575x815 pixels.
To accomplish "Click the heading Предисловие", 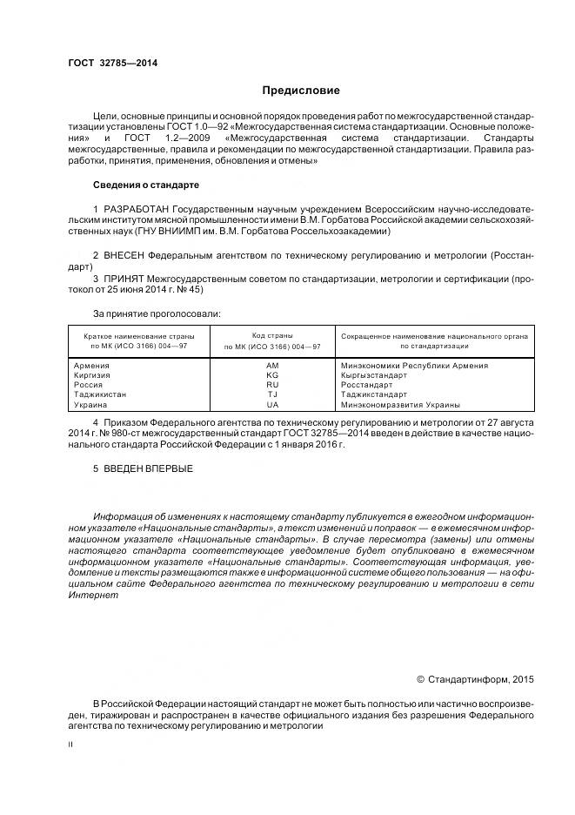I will [302, 91].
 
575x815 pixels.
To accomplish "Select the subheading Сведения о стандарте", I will [146, 185].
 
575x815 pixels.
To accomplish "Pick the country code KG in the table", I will [272, 375].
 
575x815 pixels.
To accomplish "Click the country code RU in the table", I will [272, 385].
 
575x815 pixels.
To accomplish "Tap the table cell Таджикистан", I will [101, 394].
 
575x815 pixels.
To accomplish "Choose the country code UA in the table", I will [272, 404].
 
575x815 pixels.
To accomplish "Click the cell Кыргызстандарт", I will [374, 375].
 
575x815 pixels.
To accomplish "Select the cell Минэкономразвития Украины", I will [401, 404].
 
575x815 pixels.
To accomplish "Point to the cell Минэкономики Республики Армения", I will [414, 366].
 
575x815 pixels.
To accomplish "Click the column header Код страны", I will [272, 335].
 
